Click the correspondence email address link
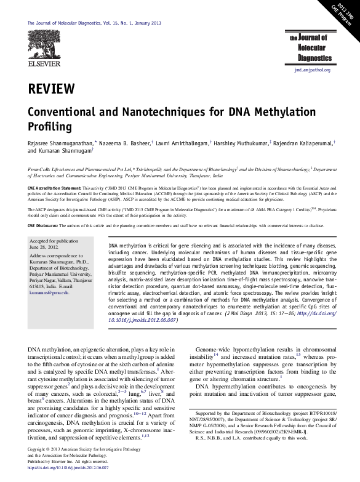50,293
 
